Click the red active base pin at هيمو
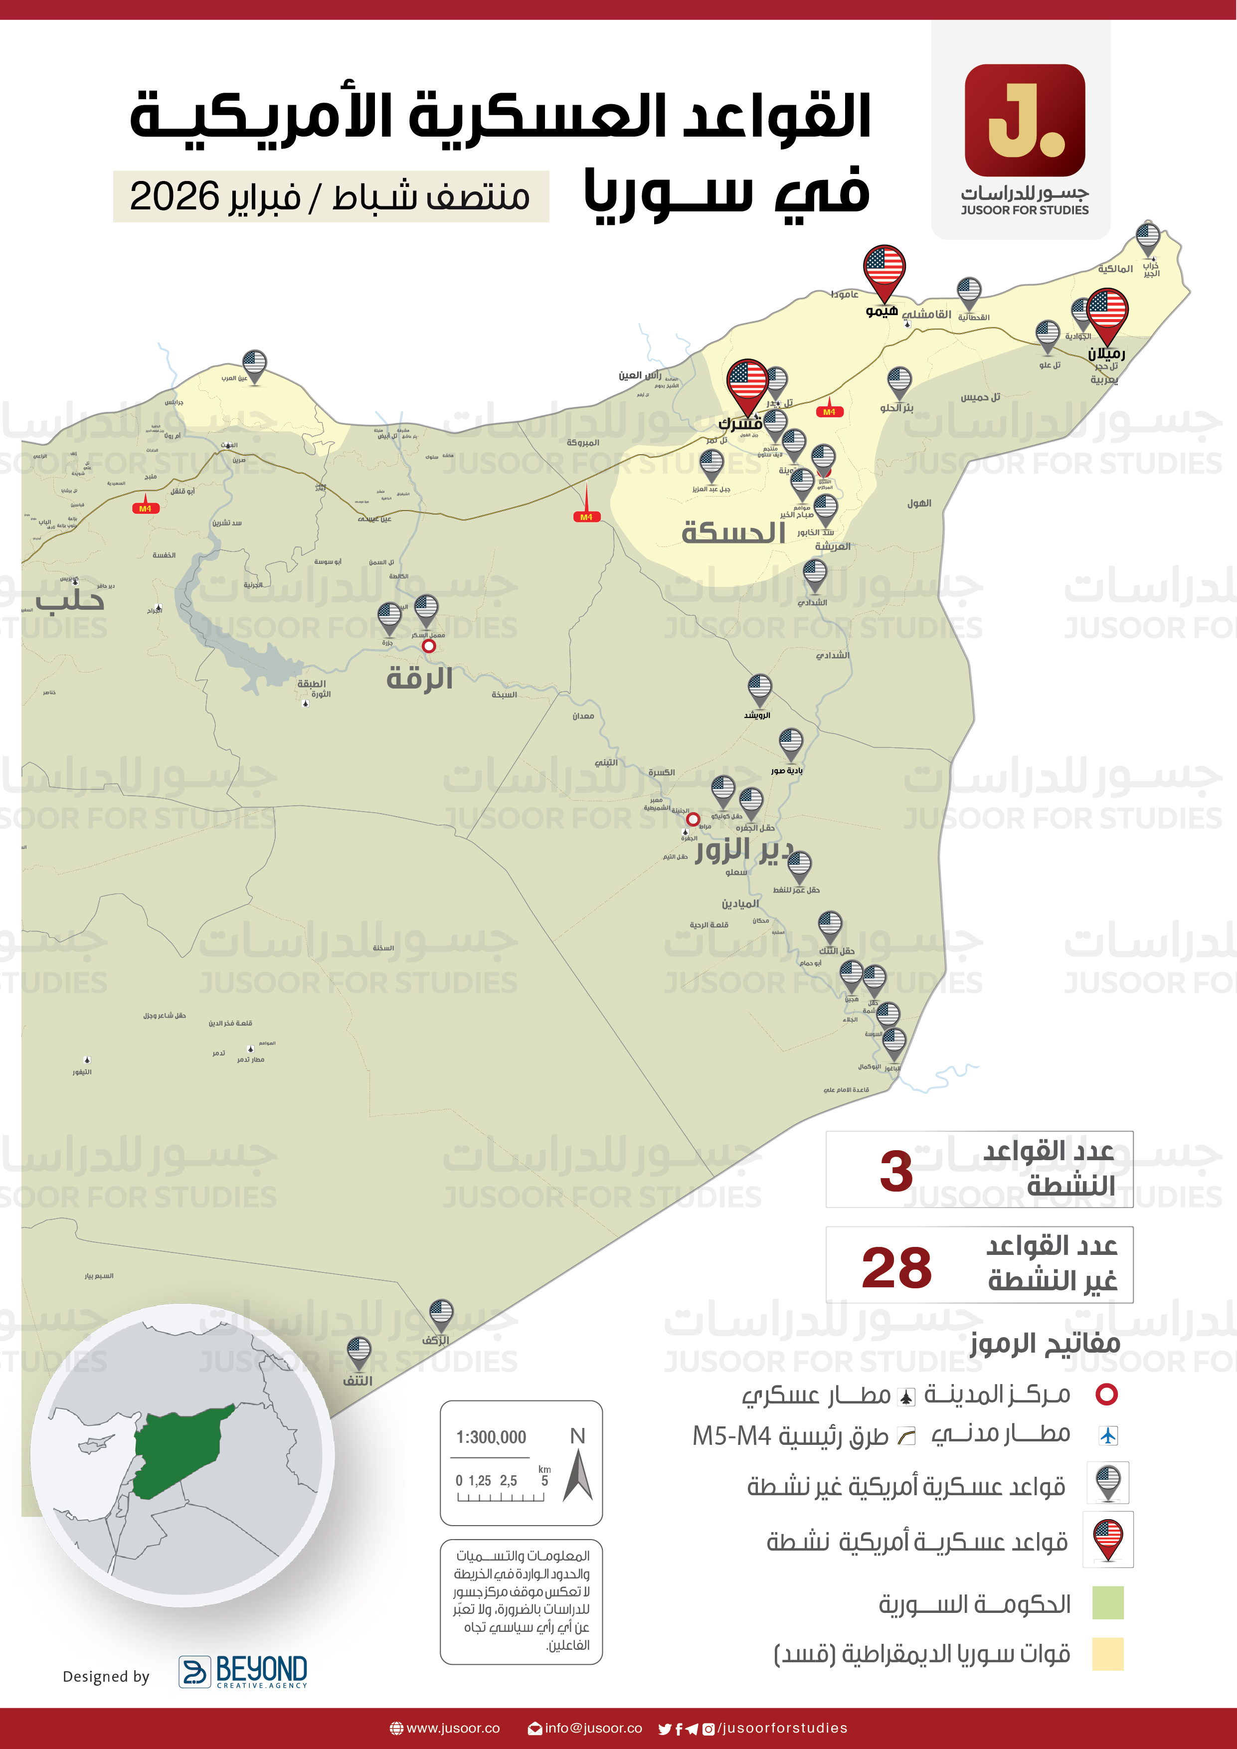pos(884,268)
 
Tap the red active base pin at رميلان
pos(1107,311)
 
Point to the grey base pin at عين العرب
pos(254,364)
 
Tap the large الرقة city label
pos(420,677)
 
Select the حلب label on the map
pos(70,600)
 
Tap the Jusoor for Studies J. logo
pos(1025,120)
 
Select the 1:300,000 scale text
pos(491,1437)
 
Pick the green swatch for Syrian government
pos(1107,1603)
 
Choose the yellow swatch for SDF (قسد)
pos(1107,1654)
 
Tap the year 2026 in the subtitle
pos(175,196)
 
